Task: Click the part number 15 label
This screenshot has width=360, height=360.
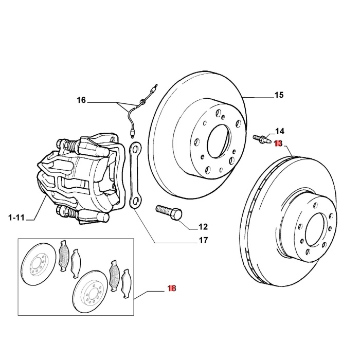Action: (278, 95)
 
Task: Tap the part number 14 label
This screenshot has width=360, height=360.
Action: (279, 132)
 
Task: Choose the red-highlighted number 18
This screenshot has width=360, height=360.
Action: (172, 289)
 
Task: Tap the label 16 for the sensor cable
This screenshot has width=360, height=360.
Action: (82, 100)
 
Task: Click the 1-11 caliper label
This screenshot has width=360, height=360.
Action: (16, 218)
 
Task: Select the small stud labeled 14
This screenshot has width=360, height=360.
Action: (262, 138)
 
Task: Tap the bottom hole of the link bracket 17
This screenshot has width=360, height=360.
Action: (137, 200)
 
